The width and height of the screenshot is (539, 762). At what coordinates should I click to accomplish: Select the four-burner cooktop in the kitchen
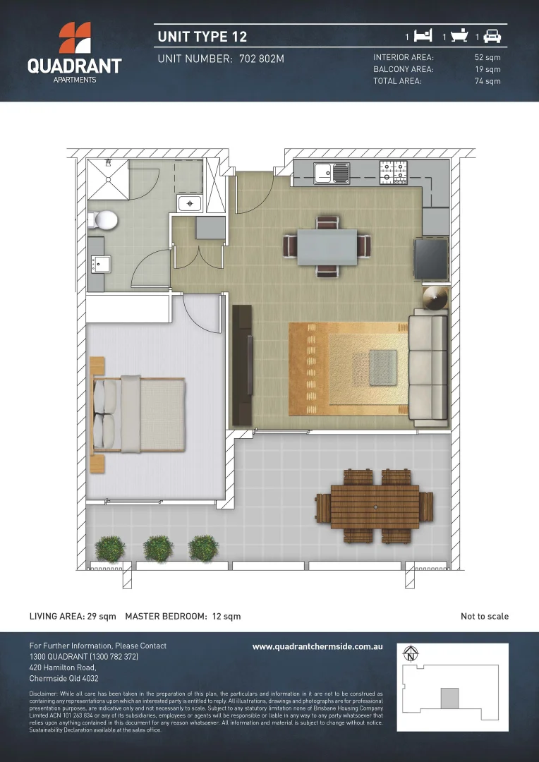click(x=394, y=171)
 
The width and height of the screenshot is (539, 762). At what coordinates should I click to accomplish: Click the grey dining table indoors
click(x=327, y=247)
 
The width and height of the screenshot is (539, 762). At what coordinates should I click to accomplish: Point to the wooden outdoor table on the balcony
click(x=375, y=506)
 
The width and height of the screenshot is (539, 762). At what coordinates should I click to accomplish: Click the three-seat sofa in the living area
click(x=429, y=369)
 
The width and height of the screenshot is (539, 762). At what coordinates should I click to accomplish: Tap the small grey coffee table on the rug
click(x=382, y=365)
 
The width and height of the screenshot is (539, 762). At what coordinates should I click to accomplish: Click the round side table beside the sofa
click(x=435, y=298)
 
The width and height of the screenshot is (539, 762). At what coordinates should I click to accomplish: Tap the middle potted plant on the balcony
click(x=157, y=547)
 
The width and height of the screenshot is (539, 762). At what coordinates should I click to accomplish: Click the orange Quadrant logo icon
click(x=74, y=38)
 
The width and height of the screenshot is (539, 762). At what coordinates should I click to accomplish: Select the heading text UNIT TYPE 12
click(x=202, y=37)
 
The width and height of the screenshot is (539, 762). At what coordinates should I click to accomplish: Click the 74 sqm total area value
click(x=487, y=81)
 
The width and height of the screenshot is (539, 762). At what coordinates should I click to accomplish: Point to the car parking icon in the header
click(x=492, y=36)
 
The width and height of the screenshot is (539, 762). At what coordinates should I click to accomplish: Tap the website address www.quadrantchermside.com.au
click(x=317, y=646)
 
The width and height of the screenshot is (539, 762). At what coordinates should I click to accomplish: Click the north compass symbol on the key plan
click(x=410, y=655)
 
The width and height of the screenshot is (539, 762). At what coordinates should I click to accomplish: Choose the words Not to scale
click(x=485, y=617)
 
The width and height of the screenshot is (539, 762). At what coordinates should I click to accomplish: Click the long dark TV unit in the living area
click(x=242, y=365)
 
